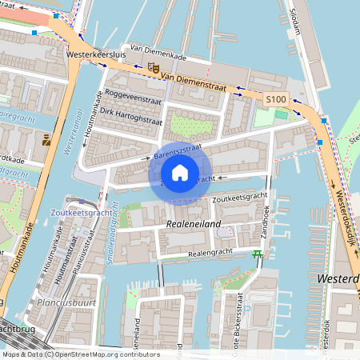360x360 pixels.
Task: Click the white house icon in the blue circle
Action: coord(180,172)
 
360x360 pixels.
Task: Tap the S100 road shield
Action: coord(275,98)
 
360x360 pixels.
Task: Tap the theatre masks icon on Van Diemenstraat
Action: coord(154,68)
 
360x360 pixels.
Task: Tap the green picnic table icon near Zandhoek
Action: coord(258,254)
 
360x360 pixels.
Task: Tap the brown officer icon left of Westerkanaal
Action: coord(46,141)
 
